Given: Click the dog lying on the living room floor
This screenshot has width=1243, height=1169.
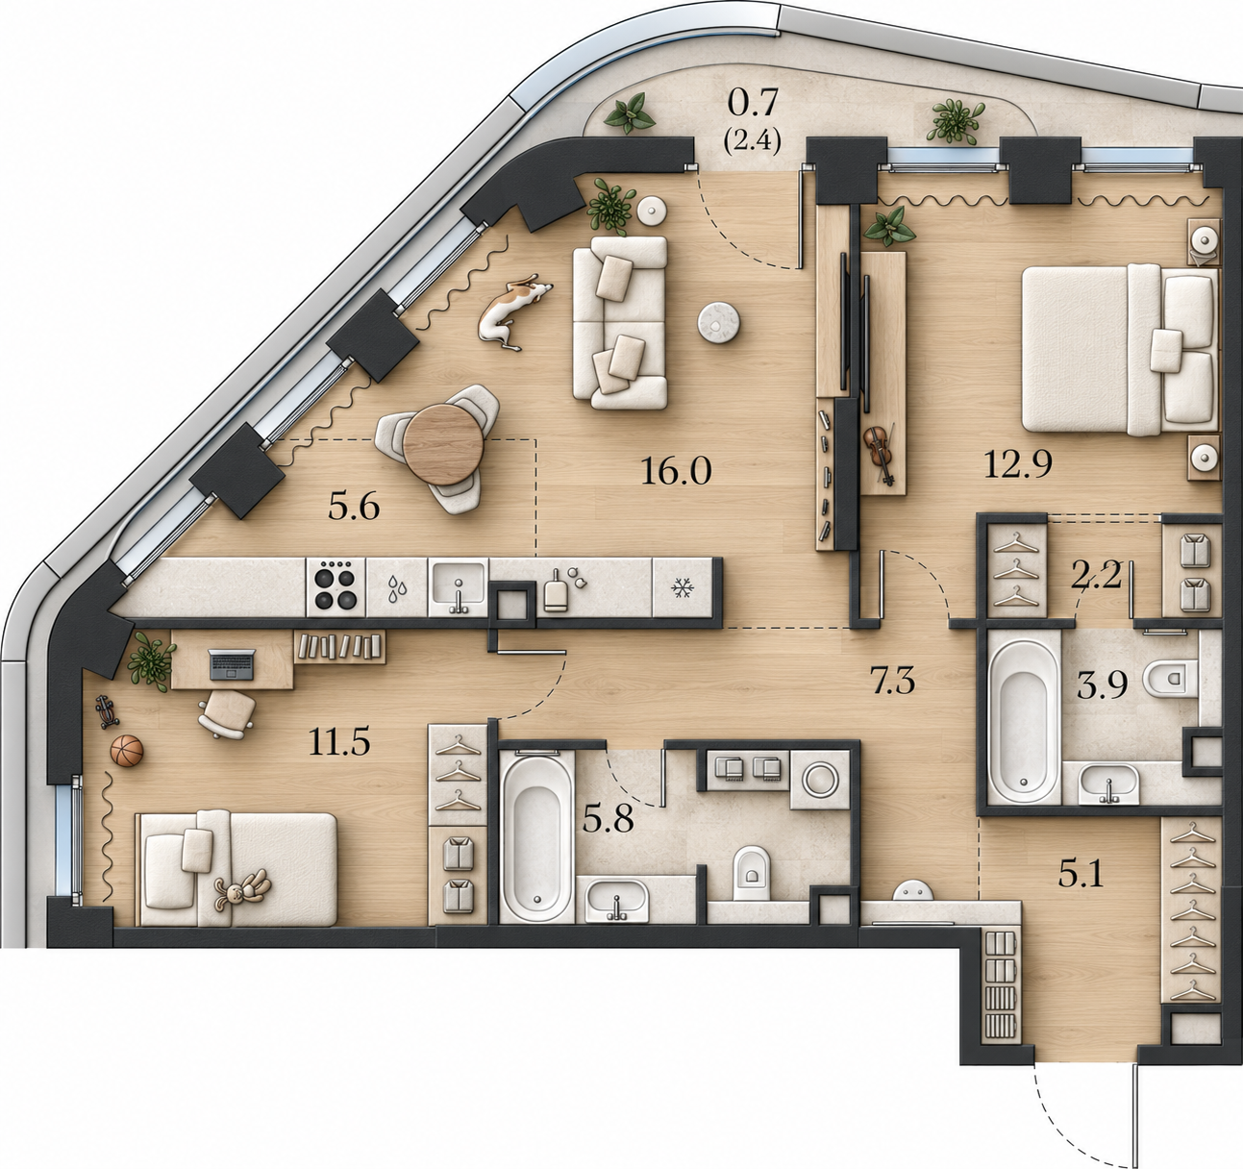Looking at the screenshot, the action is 513,311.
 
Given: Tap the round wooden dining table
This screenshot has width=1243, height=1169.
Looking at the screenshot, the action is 443,444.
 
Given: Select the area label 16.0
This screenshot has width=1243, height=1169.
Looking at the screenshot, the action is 676,471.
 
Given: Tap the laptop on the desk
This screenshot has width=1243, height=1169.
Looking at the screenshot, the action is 232,664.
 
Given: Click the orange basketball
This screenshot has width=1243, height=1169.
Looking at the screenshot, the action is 127,750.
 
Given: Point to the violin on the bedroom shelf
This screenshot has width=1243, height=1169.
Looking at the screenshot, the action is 880,452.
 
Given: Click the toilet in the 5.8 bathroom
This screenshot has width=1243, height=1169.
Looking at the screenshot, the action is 751,873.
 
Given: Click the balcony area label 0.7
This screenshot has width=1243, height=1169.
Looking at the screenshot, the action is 752,103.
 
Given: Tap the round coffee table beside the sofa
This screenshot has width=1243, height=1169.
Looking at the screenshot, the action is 719,323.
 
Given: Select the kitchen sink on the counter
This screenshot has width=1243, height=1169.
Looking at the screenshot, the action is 458,587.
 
